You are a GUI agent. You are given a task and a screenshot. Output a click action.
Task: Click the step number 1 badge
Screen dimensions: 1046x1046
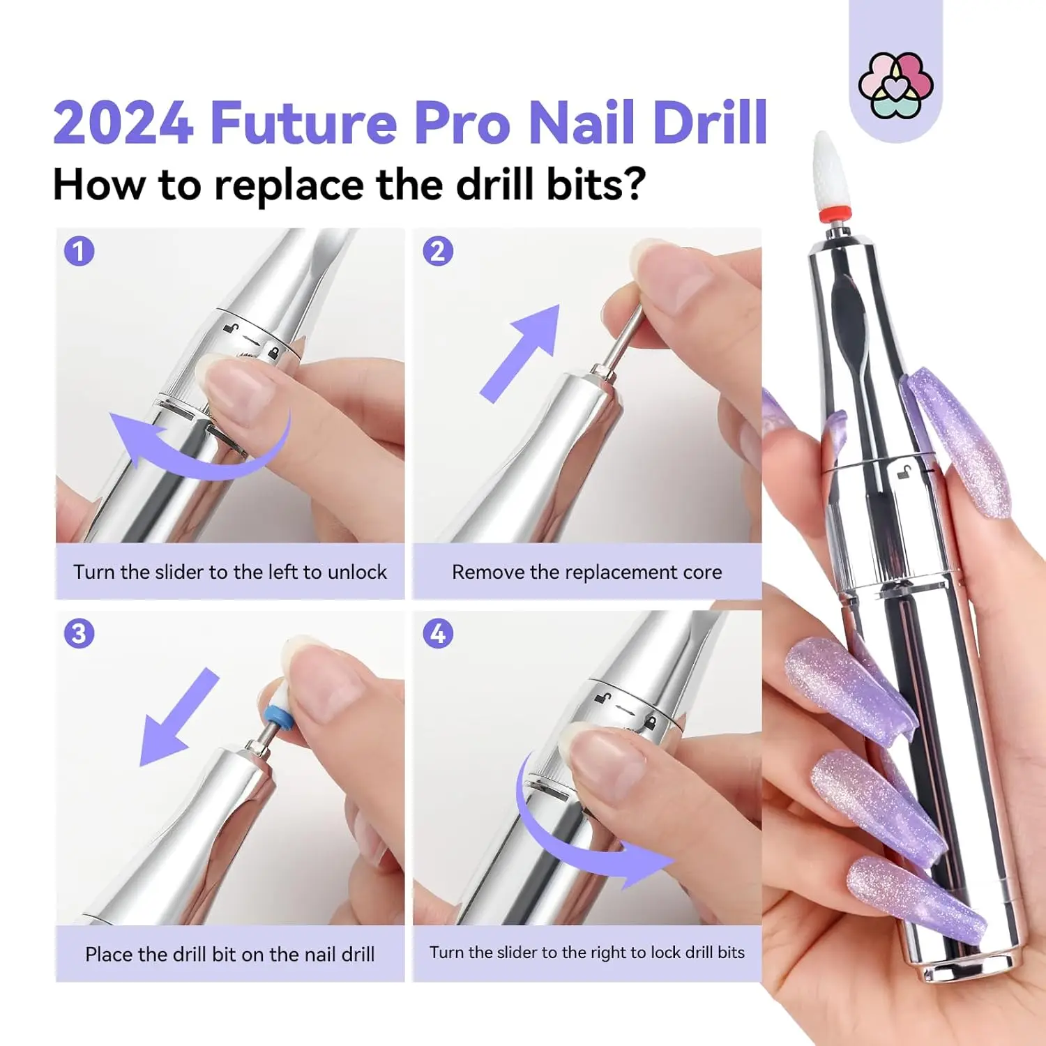[79, 251]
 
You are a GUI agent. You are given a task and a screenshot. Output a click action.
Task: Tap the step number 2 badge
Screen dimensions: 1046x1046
[438, 251]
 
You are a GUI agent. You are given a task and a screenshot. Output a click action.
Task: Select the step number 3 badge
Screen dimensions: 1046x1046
[79, 634]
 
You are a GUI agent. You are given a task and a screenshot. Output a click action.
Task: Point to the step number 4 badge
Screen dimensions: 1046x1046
[438, 634]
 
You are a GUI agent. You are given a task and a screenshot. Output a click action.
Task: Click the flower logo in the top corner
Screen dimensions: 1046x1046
[895, 85]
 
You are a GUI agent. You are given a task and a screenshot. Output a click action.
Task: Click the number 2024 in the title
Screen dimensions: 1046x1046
[123, 123]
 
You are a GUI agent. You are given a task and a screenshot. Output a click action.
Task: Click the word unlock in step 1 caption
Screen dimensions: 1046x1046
[356, 573]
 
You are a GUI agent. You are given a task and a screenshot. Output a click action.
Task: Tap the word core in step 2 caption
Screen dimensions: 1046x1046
[702, 573]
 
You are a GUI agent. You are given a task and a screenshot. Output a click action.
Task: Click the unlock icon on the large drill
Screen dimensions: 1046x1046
[904, 473]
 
